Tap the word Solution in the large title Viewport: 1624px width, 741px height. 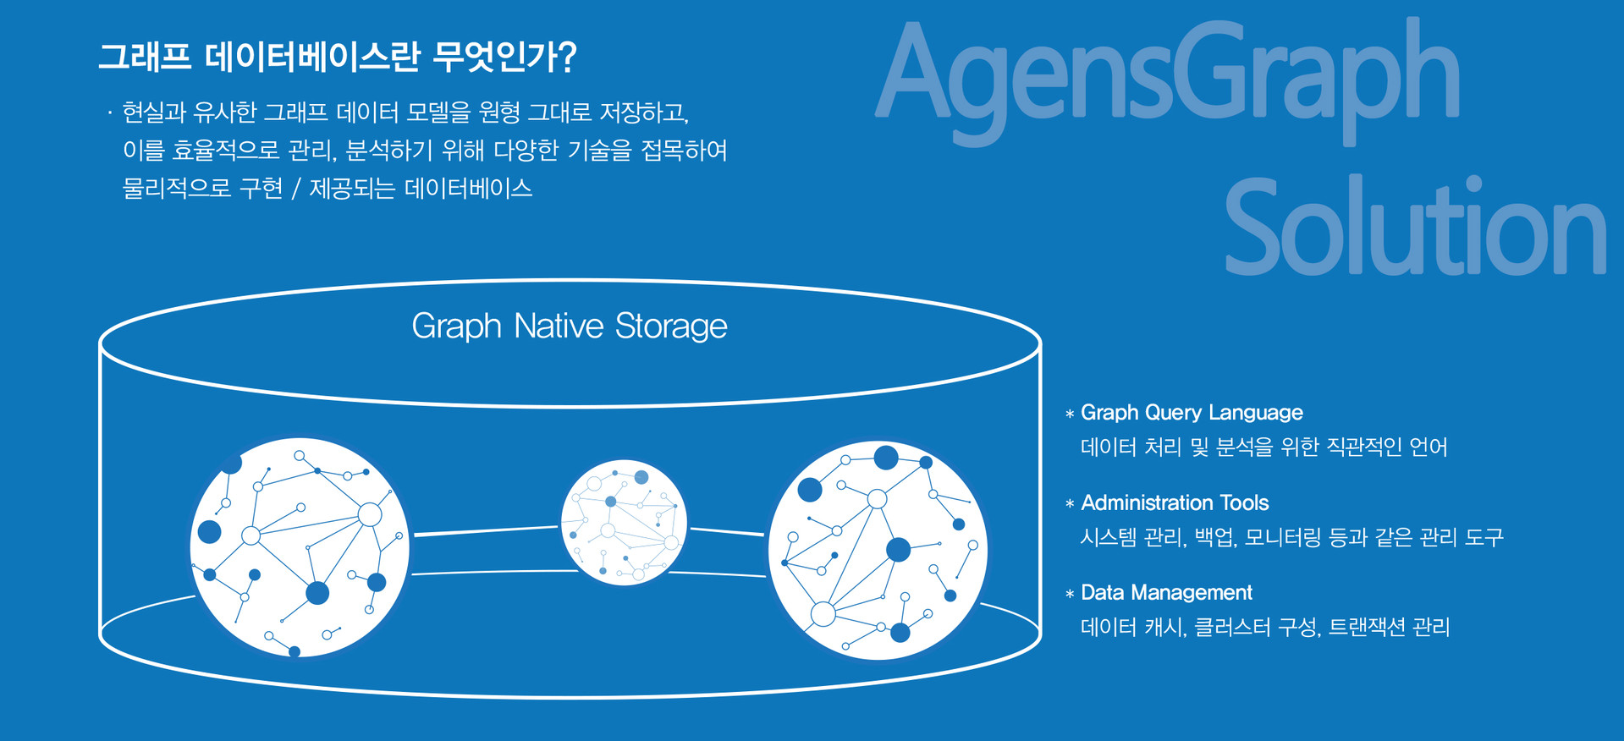1415,227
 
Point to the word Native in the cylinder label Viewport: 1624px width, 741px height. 559,326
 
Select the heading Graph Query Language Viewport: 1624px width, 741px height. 1192,413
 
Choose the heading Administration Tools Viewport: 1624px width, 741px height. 1175,502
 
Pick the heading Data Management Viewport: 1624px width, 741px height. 1166,592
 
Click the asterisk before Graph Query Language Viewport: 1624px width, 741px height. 1070,414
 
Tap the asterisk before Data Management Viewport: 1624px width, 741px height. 1070,594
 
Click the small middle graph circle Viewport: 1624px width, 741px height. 625,523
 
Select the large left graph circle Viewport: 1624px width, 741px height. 300,547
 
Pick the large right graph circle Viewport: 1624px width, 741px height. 878,550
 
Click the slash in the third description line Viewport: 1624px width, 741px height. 295,188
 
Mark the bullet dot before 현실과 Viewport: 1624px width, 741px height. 110,113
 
